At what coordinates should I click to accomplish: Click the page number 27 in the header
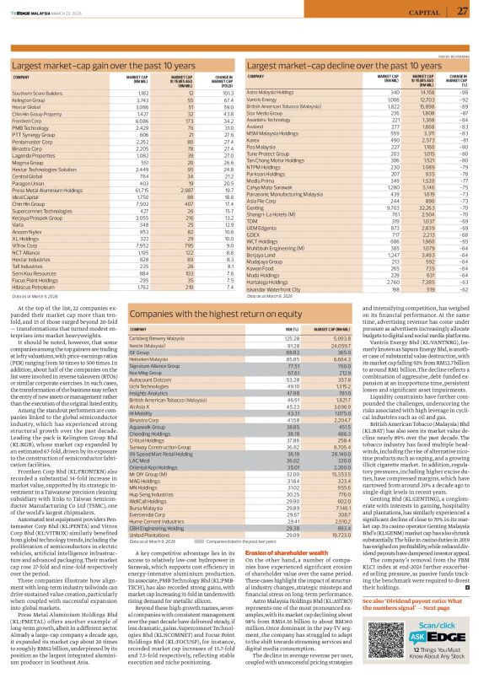coord(463,11)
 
